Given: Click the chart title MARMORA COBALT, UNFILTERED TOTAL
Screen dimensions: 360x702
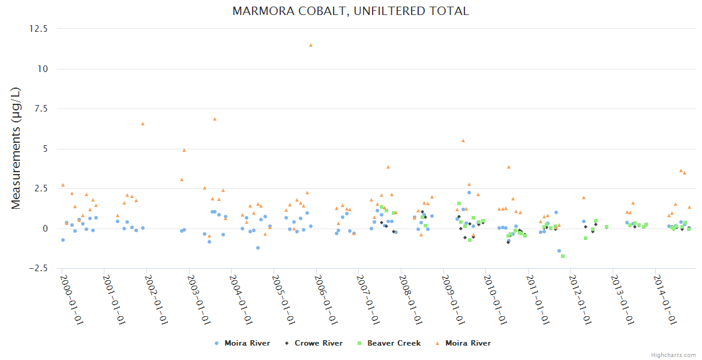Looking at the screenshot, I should pyautogui.click(x=350, y=11).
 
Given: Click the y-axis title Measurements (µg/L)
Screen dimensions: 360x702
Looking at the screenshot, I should pyautogui.click(x=16, y=148).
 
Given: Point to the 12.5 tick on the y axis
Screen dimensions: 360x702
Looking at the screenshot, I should pyautogui.click(x=39, y=29).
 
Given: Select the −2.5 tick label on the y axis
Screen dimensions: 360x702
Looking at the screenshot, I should pyautogui.click(x=39, y=268).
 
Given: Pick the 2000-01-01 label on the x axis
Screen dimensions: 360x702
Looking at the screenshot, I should pyautogui.click(x=71, y=300).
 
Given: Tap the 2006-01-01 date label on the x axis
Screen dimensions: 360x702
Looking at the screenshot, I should pyautogui.click(x=325, y=300).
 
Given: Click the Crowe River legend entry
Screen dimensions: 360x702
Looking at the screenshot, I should pyautogui.click(x=319, y=343).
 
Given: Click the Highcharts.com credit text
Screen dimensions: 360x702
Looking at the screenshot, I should pyautogui.click(x=673, y=355).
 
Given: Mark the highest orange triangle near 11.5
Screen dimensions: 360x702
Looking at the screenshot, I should pyautogui.click(x=311, y=45).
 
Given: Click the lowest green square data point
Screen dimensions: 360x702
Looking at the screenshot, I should pyautogui.click(x=563, y=256).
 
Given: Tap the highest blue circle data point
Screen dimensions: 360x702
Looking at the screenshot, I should pyautogui.click(x=469, y=193).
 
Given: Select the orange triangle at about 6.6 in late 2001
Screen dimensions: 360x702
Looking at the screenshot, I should pyautogui.click(x=143, y=124).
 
